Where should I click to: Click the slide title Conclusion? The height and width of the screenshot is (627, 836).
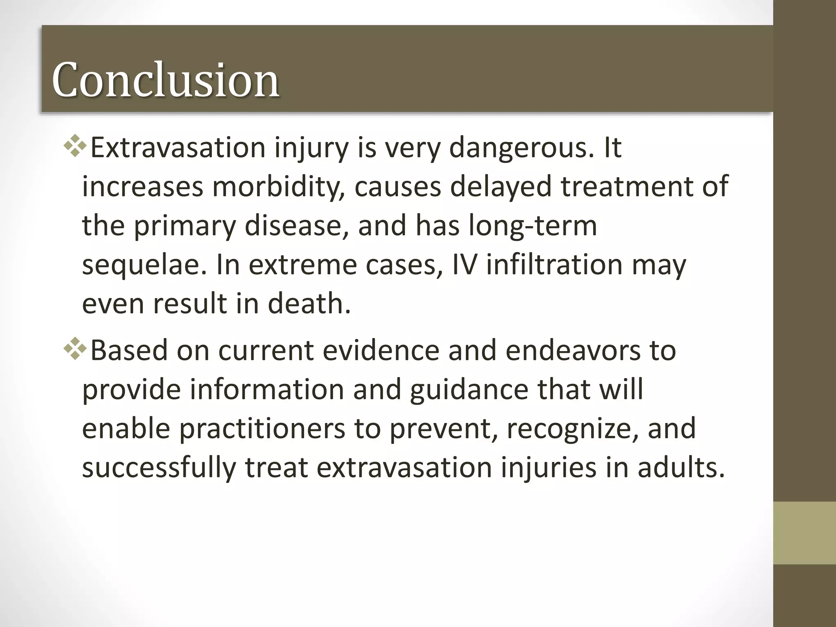(165, 80)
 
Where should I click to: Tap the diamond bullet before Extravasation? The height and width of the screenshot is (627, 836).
(76, 148)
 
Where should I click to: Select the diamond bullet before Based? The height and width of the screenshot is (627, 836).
(76, 350)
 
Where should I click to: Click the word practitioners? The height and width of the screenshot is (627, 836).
(262, 429)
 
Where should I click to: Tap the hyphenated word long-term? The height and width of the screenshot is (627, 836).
(533, 226)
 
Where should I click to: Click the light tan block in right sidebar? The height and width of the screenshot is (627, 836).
(804, 533)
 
